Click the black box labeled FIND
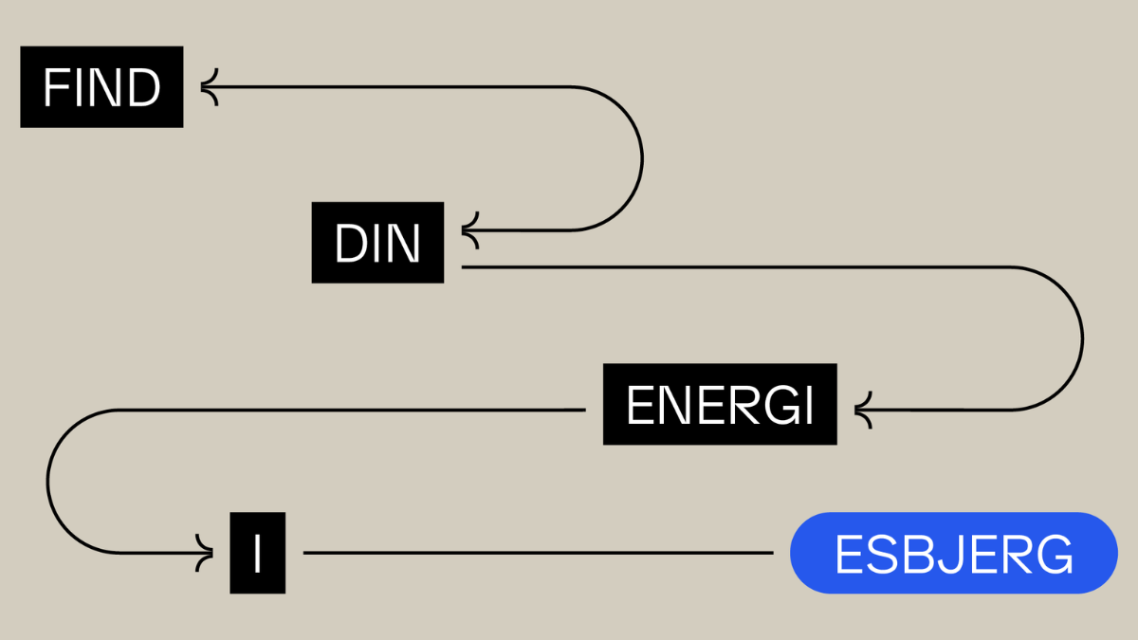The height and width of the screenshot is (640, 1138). click(101, 87)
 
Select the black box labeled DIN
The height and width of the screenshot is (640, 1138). click(377, 243)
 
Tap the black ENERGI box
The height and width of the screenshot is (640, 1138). click(720, 405)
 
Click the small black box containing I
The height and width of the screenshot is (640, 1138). click(257, 553)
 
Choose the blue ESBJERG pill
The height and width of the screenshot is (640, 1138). click(953, 553)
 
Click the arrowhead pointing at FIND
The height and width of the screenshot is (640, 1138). click(209, 87)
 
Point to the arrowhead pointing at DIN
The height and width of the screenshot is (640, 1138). click(469, 230)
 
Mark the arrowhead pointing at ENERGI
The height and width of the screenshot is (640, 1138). click(862, 411)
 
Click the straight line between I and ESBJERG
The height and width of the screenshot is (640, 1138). click(537, 553)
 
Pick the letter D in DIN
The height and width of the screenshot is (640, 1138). click(349, 244)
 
